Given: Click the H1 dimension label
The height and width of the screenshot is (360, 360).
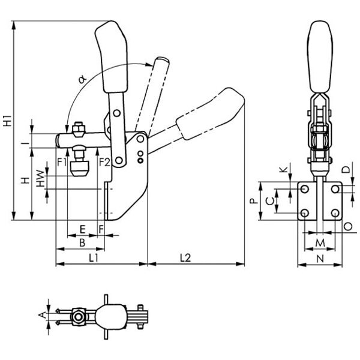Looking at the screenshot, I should click(x=7, y=119).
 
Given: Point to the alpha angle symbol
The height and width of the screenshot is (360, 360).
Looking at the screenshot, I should click(x=82, y=77).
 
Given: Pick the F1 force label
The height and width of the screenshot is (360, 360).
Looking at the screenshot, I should click(x=61, y=161).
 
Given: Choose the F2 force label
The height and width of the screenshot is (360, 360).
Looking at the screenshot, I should click(x=103, y=161).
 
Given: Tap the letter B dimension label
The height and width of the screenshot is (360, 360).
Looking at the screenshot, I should click(x=82, y=242).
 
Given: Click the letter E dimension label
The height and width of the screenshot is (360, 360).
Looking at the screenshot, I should click(x=82, y=229).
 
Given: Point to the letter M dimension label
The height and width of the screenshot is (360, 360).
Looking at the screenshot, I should click(x=319, y=243).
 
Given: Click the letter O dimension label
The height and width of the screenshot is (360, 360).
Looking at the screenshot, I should click(x=349, y=226).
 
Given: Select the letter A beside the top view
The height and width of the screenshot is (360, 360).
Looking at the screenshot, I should click(x=40, y=314).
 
